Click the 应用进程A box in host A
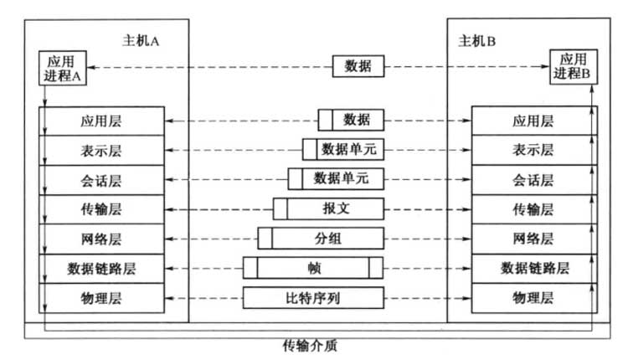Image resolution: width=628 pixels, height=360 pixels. (x=63, y=67)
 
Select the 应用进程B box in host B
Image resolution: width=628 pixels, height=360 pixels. (x=574, y=67)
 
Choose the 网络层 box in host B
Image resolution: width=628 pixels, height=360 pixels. (x=533, y=239)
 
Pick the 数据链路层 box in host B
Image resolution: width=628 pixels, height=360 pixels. (x=533, y=268)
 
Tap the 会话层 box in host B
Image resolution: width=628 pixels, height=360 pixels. (x=533, y=179)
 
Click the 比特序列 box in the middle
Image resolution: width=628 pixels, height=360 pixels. (x=314, y=297)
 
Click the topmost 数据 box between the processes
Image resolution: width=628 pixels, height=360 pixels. (x=358, y=66)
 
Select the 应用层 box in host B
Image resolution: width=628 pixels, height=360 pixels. (x=533, y=121)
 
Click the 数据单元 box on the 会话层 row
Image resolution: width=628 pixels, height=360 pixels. (x=336, y=179)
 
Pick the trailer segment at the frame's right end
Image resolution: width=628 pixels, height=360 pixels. (x=375, y=268)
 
